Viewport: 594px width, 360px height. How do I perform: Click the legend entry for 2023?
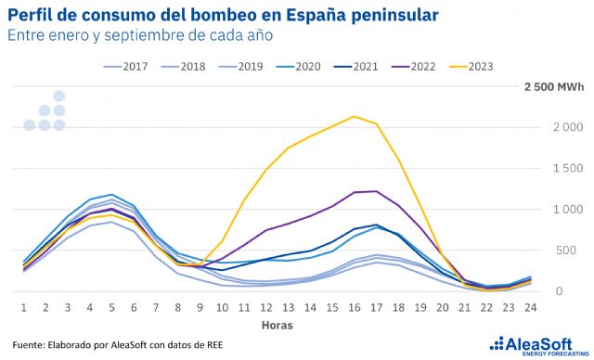(471, 66)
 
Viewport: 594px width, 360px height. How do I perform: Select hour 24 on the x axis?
(530, 307)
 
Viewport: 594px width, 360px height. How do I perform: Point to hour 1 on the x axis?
(23, 307)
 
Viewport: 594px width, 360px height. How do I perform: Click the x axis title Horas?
(277, 326)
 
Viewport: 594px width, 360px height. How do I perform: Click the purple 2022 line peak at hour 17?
(375, 191)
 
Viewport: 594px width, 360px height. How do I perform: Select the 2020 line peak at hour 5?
(111, 195)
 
